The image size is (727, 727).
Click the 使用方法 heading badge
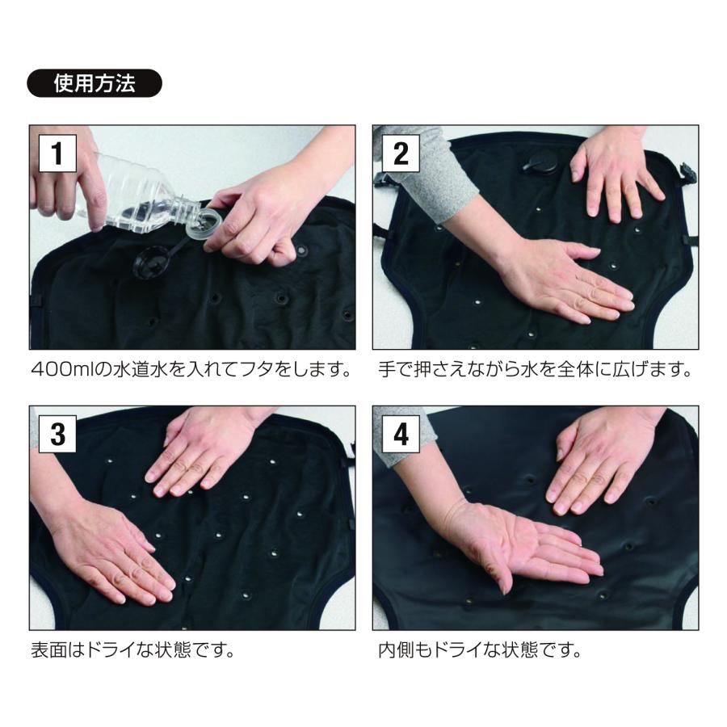click(95, 83)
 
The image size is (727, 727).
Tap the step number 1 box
click(57, 153)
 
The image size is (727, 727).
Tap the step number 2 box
click(400, 153)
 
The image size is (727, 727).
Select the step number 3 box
click(57, 434)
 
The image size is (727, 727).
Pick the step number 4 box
click(400, 434)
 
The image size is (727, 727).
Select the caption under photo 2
click(535, 371)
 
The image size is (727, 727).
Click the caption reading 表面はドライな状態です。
click(131, 649)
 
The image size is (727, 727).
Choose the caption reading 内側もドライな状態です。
click(480, 649)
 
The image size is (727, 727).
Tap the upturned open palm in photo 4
click(525, 549)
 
